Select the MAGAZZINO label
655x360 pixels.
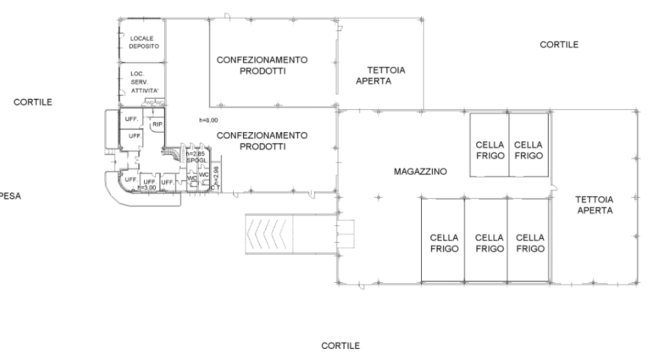(x=421, y=171)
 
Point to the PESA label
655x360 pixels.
(x=10, y=196)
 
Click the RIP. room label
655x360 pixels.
(x=157, y=124)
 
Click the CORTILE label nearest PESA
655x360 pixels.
(x=33, y=103)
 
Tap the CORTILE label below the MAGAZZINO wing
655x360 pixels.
(x=341, y=345)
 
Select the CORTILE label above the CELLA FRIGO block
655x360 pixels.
(x=559, y=45)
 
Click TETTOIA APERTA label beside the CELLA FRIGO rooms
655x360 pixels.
(x=594, y=205)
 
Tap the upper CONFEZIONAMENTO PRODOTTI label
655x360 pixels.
(x=262, y=65)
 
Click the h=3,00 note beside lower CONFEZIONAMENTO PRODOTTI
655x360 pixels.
(x=209, y=120)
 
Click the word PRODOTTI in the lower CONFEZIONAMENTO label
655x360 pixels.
(x=263, y=147)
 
